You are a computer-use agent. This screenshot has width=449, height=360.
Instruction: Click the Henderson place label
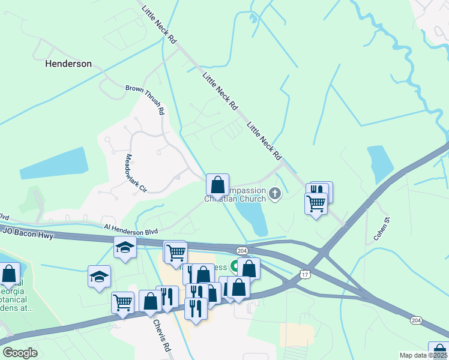pyautogui.click(x=69, y=63)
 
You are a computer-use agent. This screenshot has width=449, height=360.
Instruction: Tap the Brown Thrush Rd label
pyautogui.click(x=145, y=100)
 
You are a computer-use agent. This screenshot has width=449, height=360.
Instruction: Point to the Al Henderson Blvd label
pyautogui.click(x=130, y=229)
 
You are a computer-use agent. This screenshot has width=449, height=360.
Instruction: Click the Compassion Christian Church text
pyautogui.click(x=235, y=194)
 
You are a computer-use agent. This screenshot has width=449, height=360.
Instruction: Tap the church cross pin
pyautogui.click(x=276, y=193)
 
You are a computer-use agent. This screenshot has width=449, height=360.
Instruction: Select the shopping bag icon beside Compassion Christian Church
pyautogui.click(x=217, y=184)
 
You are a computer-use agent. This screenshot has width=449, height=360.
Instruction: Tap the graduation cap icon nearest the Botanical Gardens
pyautogui.click(x=99, y=276)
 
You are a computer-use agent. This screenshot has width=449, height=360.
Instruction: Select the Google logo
pyautogui.click(x=20, y=353)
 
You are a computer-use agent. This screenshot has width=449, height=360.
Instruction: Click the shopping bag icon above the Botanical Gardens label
pyautogui.click(x=9, y=274)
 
